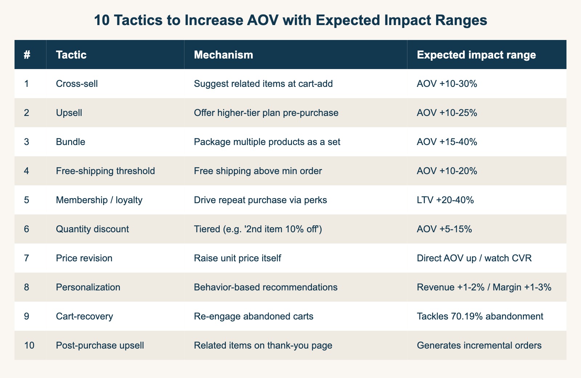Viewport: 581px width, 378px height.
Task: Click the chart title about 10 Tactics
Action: pos(290,20)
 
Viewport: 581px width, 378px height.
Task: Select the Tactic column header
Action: pos(71,55)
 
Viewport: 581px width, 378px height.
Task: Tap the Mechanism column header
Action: pos(223,55)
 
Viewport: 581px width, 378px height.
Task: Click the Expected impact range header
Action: pos(476,55)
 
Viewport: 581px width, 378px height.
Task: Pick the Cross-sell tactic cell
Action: pos(77,84)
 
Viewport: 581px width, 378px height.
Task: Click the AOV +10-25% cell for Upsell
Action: pos(447,113)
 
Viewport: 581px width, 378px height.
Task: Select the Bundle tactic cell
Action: pos(70,142)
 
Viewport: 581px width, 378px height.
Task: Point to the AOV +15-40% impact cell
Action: pos(447,142)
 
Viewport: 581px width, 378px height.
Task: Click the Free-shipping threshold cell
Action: pos(105,171)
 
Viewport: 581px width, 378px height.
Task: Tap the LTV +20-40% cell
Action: pos(445,200)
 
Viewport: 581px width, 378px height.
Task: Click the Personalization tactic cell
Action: pos(88,287)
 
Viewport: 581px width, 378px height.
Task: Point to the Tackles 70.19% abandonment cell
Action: pos(480,316)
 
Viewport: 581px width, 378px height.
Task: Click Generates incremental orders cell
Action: pos(479,345)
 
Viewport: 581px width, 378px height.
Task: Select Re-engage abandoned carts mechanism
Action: pos(253,316)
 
